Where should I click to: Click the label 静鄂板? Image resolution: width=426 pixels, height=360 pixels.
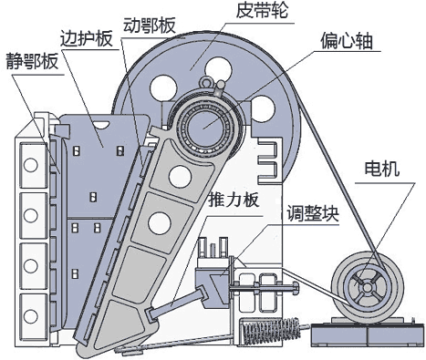click(32, 63)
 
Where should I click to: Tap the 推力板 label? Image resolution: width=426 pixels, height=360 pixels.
click(241, 200)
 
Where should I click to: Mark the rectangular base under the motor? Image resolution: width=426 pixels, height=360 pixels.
click(365, 336)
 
